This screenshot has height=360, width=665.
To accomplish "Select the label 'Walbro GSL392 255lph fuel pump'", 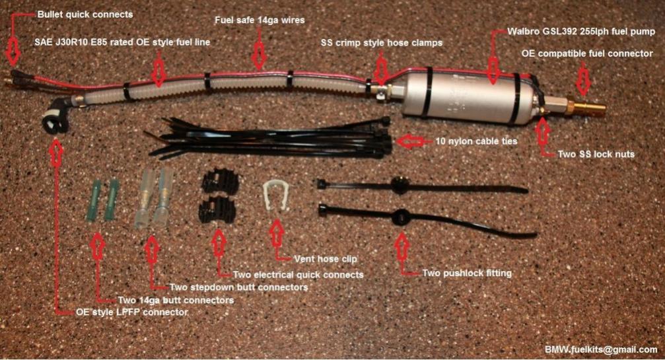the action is pos(581,32).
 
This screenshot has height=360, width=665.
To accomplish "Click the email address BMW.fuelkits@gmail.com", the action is pos(601,349).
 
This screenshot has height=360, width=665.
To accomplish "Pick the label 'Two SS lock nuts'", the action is pos(596,155).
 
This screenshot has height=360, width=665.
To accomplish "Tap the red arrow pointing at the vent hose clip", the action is pos(277,233).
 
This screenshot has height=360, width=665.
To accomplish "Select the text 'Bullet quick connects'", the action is pos(85,15).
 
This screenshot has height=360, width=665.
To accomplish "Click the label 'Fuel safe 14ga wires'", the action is pos(260,20).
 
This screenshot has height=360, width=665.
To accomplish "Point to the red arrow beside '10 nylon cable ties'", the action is pos(411,141).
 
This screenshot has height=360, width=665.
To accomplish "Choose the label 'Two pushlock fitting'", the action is pos(467,273).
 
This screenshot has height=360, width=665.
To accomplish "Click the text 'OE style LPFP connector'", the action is pos(132,312).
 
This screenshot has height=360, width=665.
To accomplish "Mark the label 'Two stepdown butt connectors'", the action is pos(239,287).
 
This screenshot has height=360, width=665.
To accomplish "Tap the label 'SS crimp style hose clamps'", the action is pos(382,43).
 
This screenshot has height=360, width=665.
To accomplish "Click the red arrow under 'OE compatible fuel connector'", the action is pos(584,80).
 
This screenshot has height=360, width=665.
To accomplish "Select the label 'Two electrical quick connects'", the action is pos(298,275).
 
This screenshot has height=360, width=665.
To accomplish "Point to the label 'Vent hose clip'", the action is pos(326,259).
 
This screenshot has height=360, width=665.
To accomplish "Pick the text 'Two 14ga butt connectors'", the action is pos(176,300).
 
